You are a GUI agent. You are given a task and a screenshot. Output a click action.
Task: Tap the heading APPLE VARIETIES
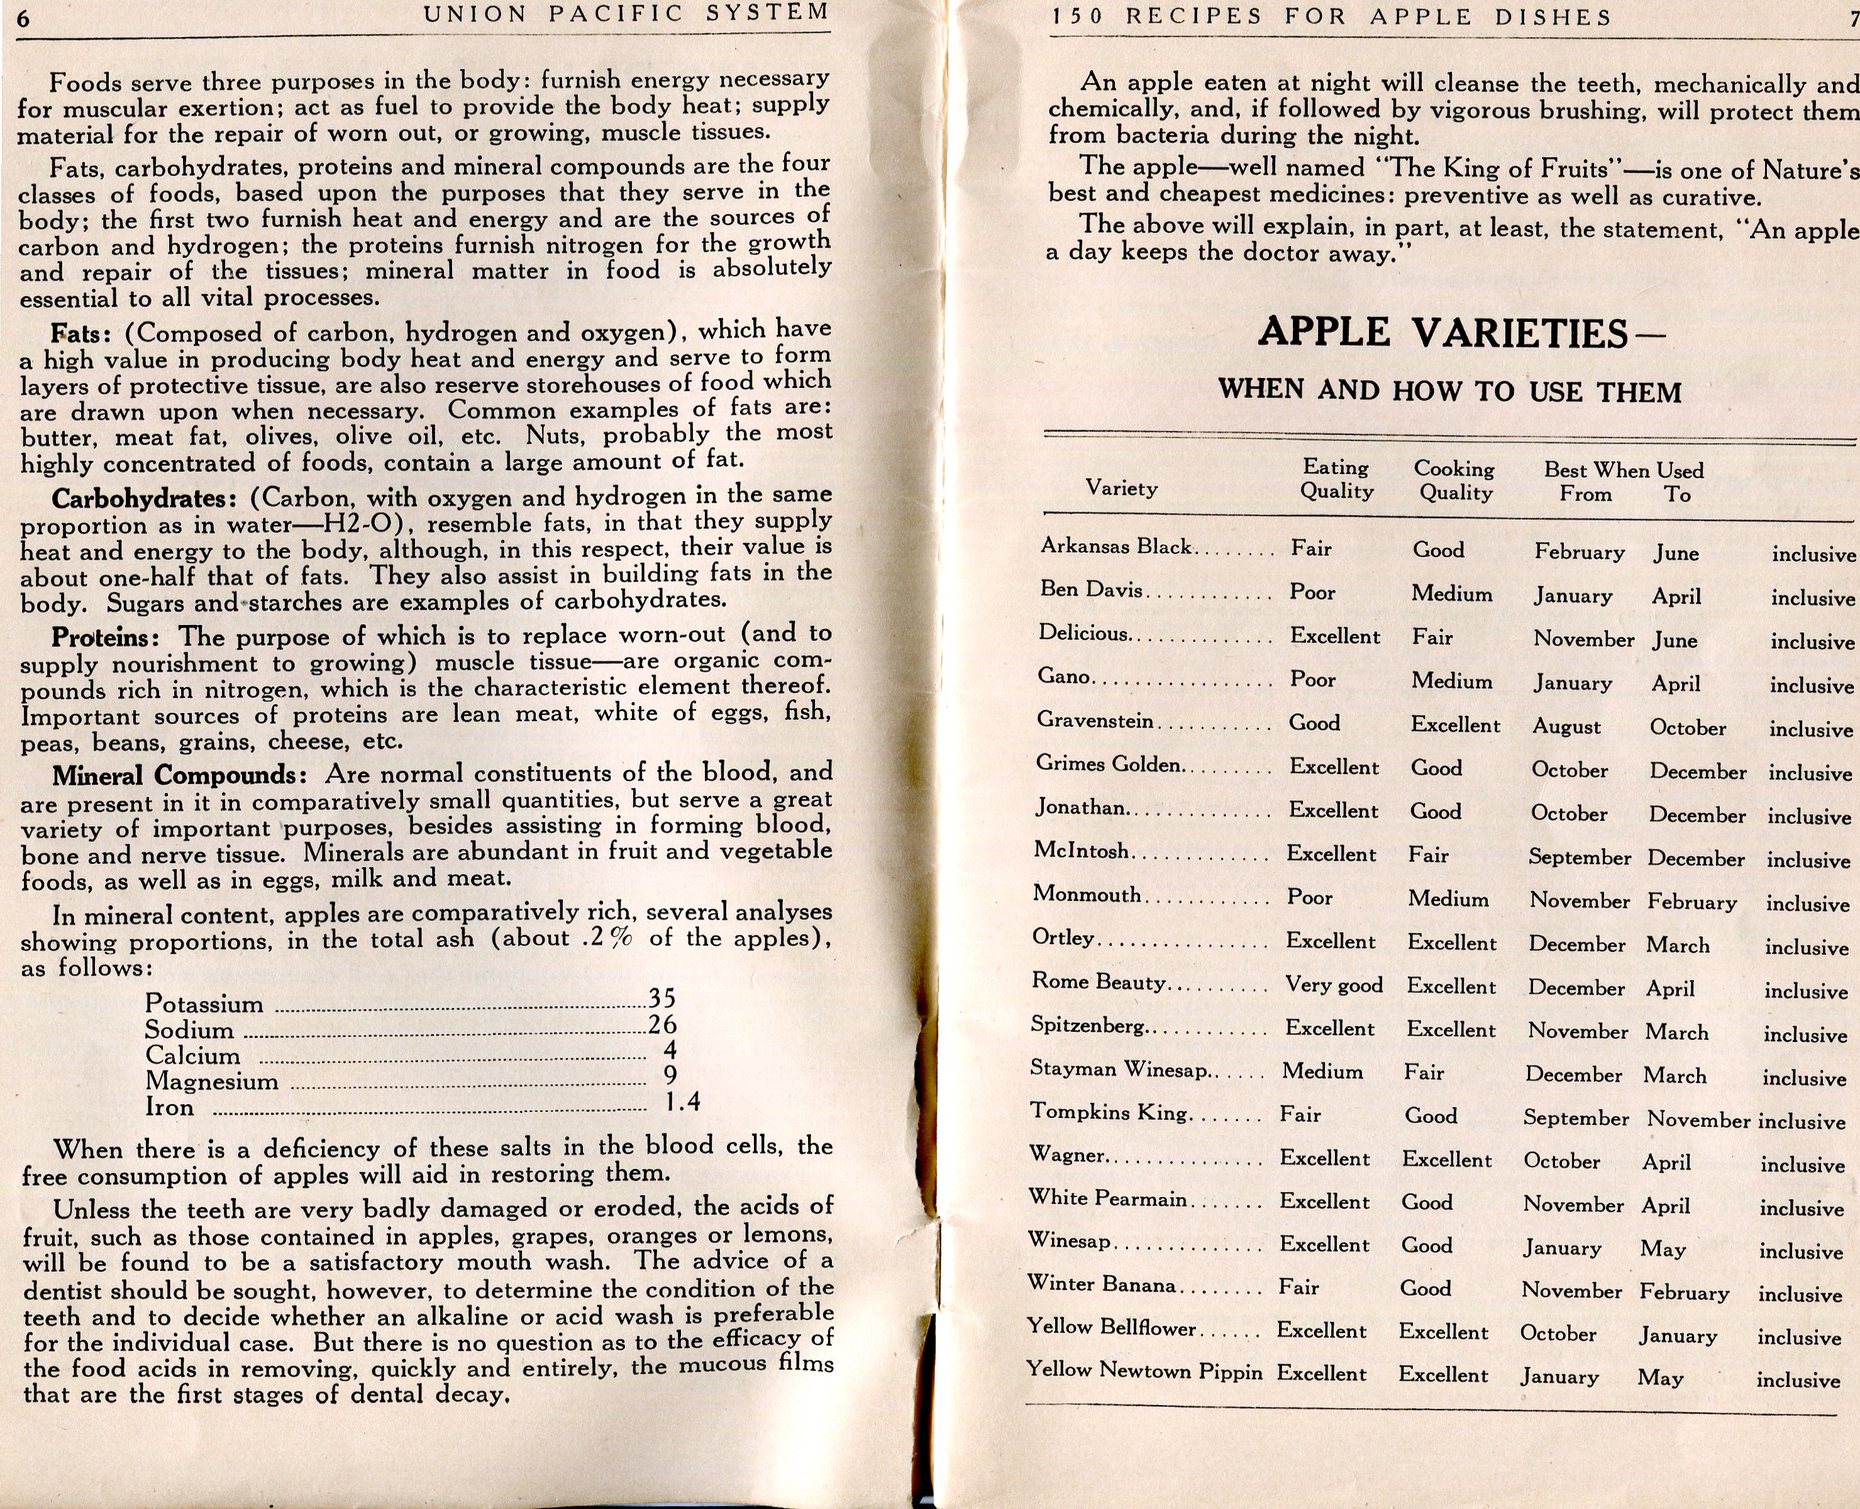point(1443,333)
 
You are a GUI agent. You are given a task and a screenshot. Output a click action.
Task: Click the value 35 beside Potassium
point(662,998)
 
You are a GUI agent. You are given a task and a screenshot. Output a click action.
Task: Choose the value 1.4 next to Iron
point(682,1102)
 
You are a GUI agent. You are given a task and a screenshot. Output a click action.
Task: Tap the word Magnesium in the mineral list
point(211,1081)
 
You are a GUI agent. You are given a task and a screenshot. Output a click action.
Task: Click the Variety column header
point(1121,488)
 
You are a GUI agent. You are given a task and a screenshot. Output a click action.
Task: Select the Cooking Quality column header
point(1454,481)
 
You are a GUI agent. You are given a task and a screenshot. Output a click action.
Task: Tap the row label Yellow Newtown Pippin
point(1144,1371)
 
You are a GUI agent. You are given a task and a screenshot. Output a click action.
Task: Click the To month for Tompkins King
point(1698,1120)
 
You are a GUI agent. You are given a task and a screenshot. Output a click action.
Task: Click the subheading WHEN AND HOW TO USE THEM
point(1449,391)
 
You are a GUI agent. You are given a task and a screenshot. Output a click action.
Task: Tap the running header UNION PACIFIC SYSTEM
point(626,13)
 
